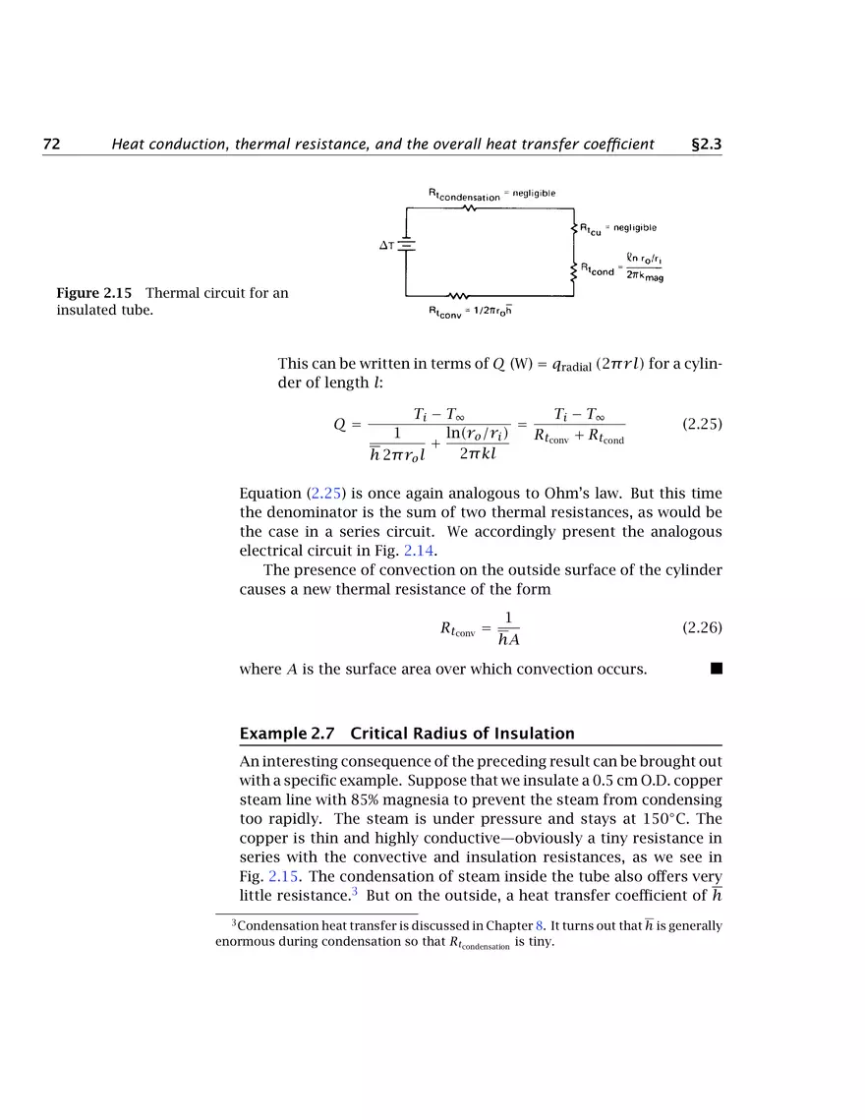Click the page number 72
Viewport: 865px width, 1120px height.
51,145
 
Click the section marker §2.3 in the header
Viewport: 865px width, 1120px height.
707,145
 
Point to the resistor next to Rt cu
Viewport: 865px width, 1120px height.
573,229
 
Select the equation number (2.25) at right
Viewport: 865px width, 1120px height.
702,424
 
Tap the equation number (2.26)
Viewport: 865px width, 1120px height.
702,626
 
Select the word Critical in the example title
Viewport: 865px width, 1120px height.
376,734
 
